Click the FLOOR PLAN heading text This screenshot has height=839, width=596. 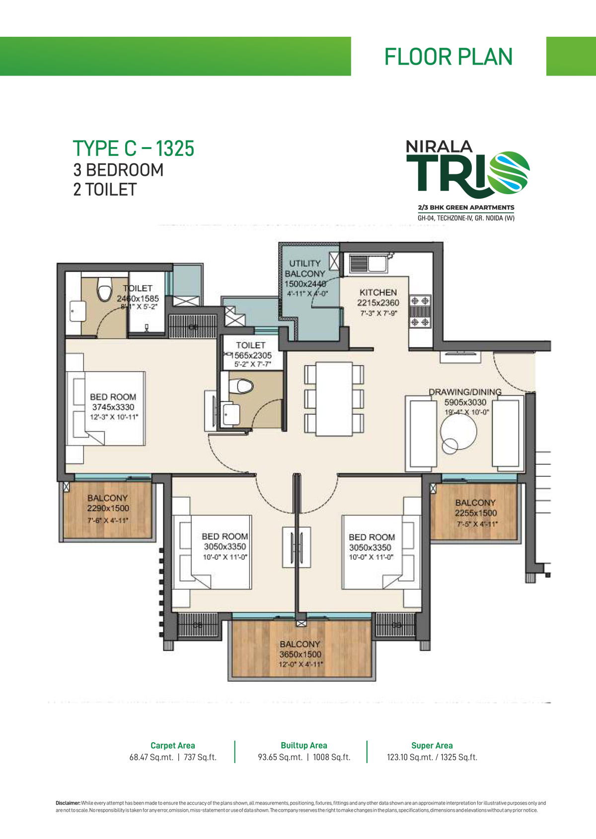(448, 57)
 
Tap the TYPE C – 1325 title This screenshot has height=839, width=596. (133, 149)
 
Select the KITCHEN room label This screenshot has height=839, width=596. (378, 293)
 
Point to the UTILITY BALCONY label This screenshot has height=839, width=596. (305, 269)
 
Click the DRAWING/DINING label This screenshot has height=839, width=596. (465, 392)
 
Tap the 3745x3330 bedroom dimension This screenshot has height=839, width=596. (113, 407)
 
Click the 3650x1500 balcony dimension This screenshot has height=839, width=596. (300, 654)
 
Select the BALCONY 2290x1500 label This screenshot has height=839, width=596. (108, 503)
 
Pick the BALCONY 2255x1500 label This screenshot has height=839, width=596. (475, 508)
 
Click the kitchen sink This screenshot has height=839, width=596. (368, 264)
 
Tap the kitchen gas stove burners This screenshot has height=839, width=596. (420, 311)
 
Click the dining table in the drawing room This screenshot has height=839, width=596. (334, 399)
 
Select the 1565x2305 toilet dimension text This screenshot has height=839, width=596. (251, 356)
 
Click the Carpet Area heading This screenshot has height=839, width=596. (172, 745)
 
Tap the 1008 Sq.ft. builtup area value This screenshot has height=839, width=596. (331, 757)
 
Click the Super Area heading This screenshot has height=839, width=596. (432, 745)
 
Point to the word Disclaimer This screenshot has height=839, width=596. (68, 803)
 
